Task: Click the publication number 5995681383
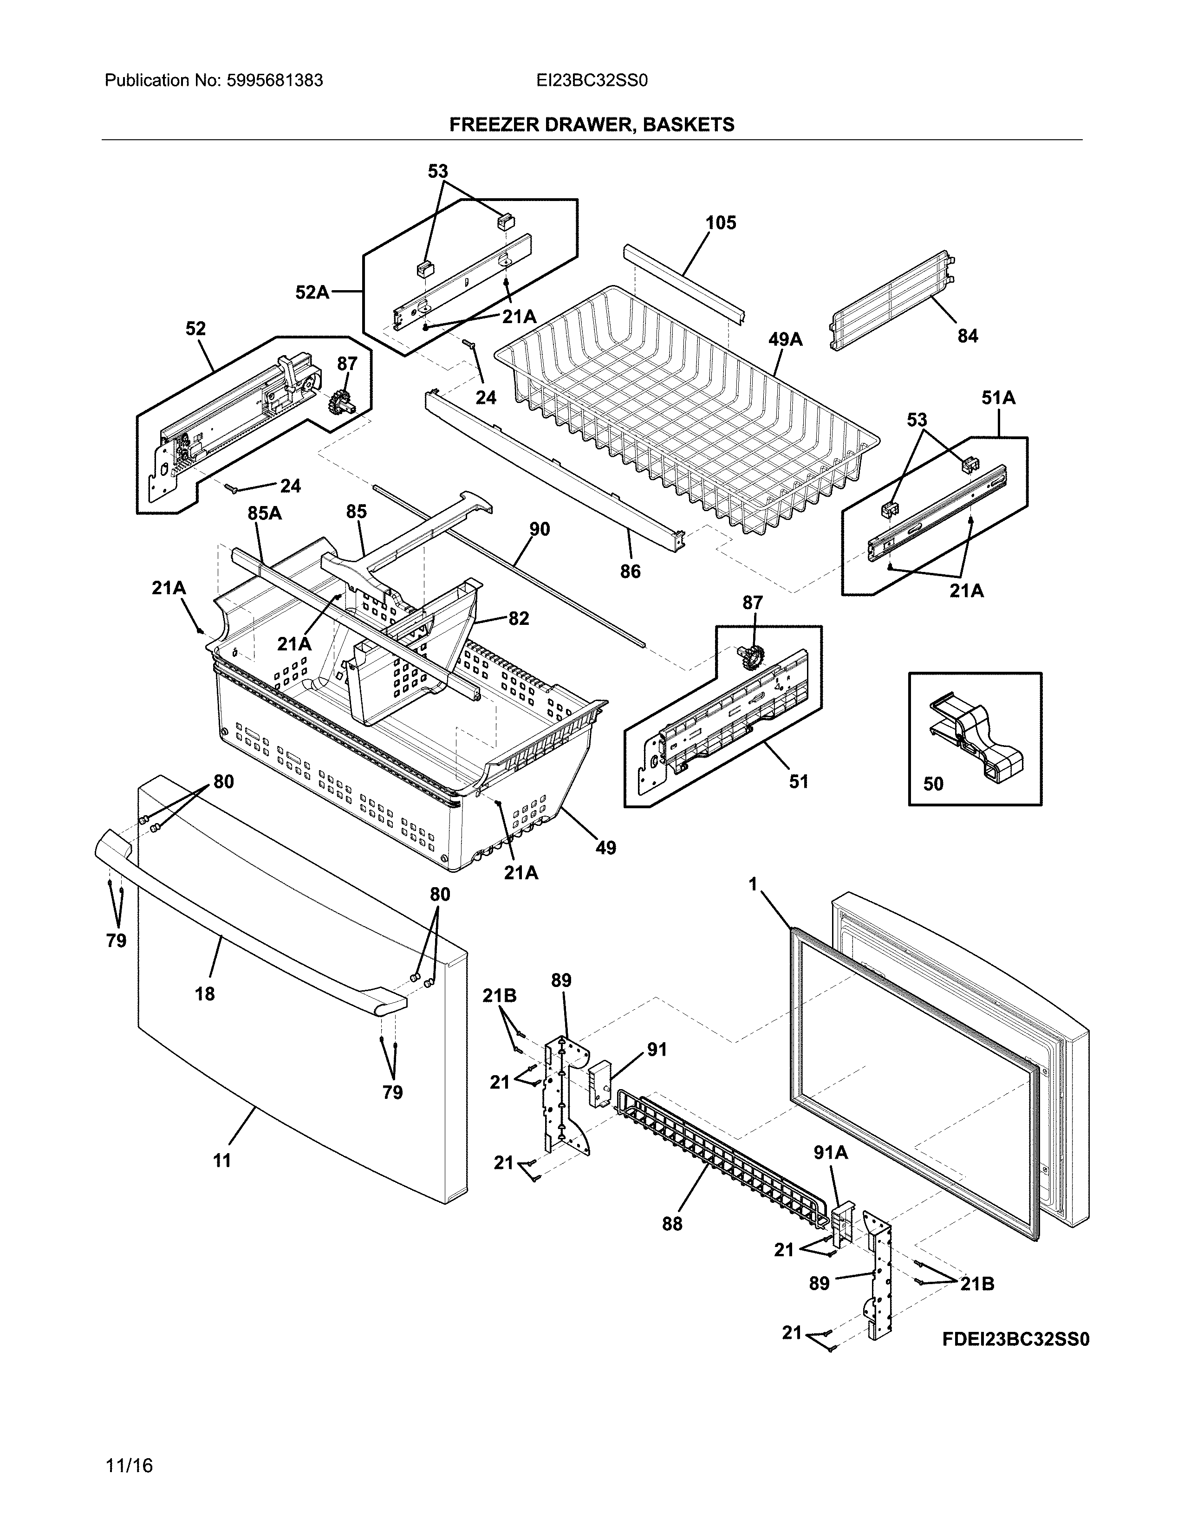274,81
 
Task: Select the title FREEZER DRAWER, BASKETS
591,125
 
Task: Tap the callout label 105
720,223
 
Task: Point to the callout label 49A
785,339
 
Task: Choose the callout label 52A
312,292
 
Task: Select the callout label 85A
265,513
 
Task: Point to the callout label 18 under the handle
205,993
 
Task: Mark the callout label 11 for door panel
221,1161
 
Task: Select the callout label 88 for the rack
671,1224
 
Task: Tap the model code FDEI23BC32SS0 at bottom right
1015,1339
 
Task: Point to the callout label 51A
998,398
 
